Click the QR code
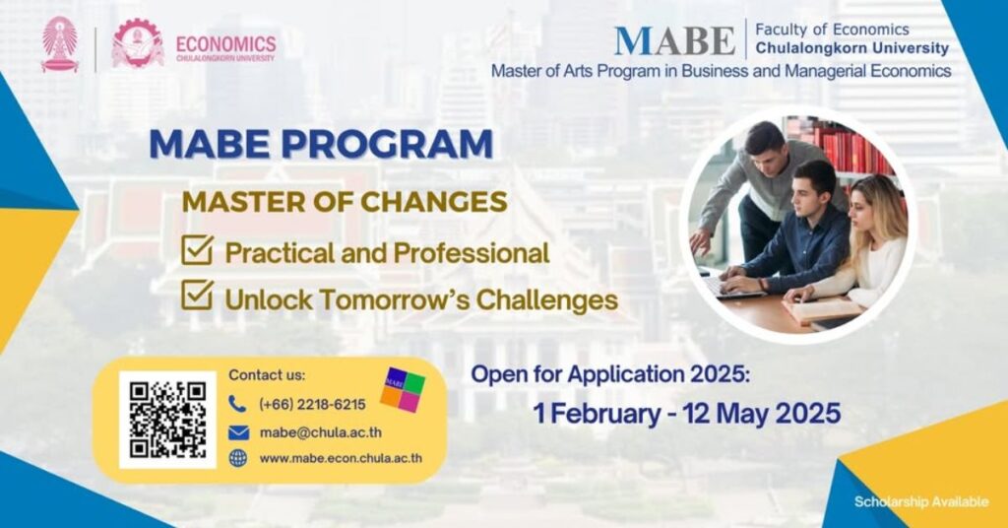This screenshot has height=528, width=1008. coord(167,420)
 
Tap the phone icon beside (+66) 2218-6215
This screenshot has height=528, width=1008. coord(237,404)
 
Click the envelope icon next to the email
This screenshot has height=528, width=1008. coord(238,432)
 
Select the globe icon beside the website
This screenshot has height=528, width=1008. coord(238,458)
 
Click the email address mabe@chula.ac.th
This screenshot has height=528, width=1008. coord(320,432)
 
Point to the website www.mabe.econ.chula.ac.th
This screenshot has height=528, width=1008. coord(341,458)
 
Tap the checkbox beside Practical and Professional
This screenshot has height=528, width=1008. coord(197,249)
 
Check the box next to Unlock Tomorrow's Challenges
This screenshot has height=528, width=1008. coord(197,295)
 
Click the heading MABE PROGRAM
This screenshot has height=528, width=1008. coord(321,144)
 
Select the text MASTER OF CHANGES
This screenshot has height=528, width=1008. coord(345,202)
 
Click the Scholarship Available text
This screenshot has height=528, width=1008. coord(921,501)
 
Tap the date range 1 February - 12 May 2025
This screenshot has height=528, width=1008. coord(686,413)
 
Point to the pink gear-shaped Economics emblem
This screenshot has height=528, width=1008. coord(137,43)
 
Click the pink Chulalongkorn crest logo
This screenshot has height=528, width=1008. coord(60,43)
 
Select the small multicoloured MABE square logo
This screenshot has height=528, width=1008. coord(403,390)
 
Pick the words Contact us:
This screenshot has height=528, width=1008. coord(267,375)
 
